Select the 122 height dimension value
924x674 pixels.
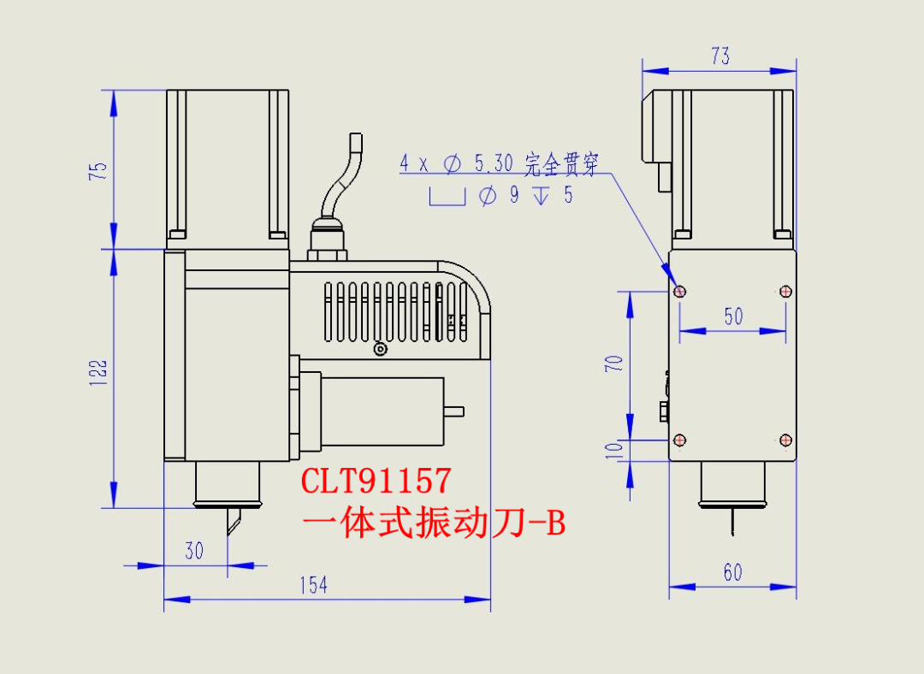(100, 373)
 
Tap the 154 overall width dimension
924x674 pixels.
(313, 585)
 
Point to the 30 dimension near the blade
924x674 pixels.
(194, 551)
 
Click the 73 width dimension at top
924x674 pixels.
(720, 56)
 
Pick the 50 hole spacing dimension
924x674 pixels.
(733, 316)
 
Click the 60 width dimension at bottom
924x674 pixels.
(733, 572)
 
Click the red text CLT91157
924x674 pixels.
(376, 482)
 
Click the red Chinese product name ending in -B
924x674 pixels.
(434, 523)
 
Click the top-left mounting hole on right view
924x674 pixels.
(680, 292)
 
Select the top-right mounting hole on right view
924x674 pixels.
(786, 292)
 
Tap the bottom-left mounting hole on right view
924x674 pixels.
(680, 440)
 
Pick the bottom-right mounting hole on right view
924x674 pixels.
(786, 440)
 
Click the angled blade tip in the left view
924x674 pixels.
(233, 523)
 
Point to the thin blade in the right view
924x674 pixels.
(733, 522)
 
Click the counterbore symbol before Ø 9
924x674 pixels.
(447, 198)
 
